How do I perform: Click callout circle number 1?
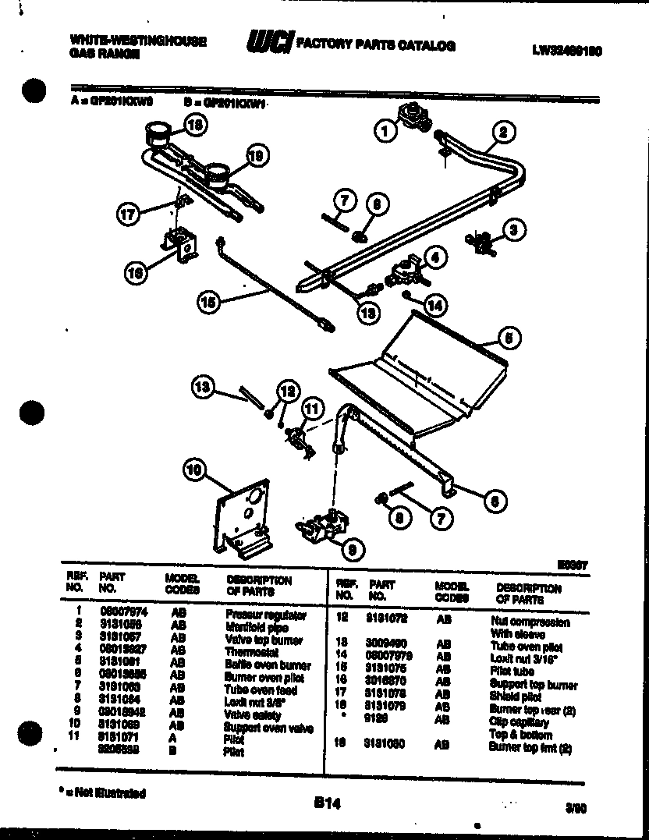(x=385, y=132)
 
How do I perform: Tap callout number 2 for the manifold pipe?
(x=503, y=132)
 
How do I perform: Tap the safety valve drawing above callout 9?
(x=322, y=523)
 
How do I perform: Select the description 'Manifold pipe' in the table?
(x=257, y=627)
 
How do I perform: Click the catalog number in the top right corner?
(x=567, y=51)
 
